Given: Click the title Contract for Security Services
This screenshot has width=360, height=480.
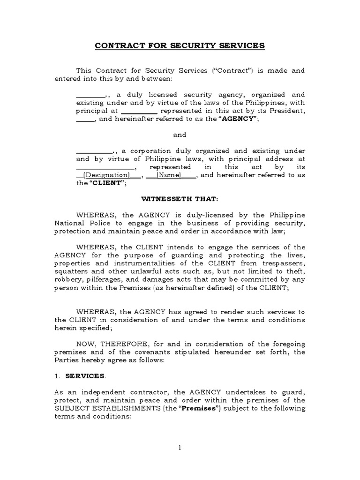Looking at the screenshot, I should (x=180, y=45).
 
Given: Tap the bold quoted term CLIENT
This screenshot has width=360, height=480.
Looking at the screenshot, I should (x=106, y=183).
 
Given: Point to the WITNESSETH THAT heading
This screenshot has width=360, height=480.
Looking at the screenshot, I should (x=180, y=199).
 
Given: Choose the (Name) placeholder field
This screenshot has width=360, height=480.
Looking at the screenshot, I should (x=171, y=175).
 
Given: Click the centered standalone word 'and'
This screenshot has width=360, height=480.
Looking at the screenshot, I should (x=180, y=135).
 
